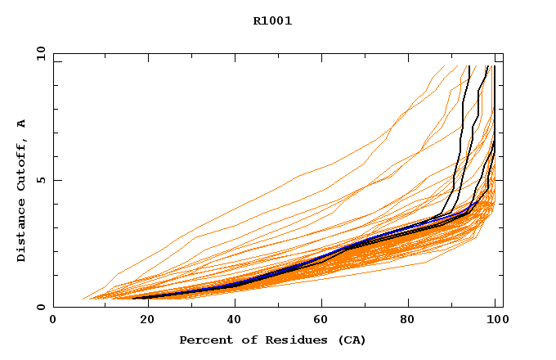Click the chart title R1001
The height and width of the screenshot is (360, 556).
pyautogui.click(x=272, y=21)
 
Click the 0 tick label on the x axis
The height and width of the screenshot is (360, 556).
pyautogui.click(x=53, y=320)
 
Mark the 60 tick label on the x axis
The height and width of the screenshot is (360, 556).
pyautogui.click(x=320, y=320)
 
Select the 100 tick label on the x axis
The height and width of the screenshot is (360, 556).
pyautogui.click(x=495, y=320)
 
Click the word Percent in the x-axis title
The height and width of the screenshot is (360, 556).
pyautogui.click(x=204, y=340)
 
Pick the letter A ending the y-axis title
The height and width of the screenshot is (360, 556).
pyautogui.click(x=21, y=124)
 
